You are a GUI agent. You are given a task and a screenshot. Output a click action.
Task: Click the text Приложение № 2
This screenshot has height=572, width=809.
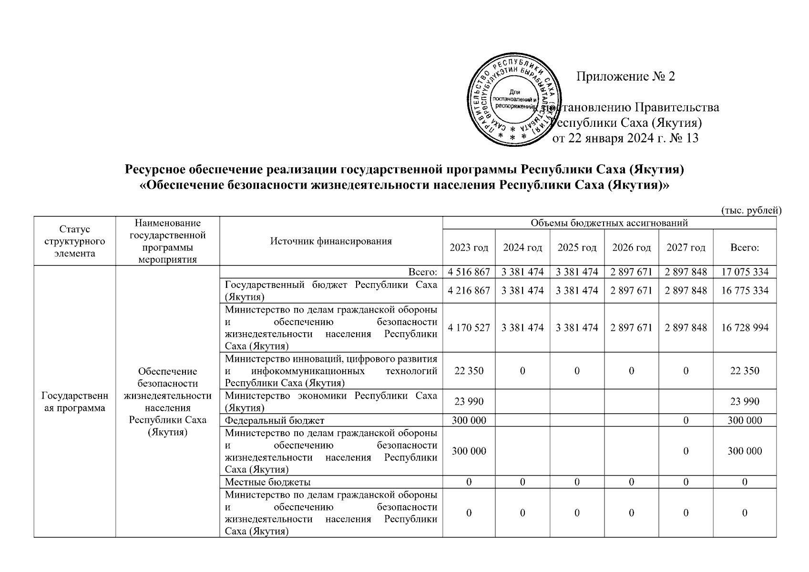[x=625, y=77]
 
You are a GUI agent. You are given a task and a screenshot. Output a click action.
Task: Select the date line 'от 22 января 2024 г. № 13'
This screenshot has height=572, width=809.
[x=625, y=139]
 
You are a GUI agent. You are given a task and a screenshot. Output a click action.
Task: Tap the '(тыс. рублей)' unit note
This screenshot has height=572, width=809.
[x=749, y=210]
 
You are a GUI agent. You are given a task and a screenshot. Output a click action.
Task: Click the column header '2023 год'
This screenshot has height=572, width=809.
[x=469, y=247]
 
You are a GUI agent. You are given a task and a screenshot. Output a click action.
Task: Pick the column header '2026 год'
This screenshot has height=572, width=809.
[x=631, y=247]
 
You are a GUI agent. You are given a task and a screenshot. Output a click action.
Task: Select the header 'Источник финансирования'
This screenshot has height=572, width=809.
[x=331, y=241]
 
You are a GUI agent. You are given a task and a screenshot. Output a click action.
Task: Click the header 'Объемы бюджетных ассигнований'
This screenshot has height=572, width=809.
[x=609, y=223]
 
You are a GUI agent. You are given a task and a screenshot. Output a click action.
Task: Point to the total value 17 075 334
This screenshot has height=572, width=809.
[x=745, y=272]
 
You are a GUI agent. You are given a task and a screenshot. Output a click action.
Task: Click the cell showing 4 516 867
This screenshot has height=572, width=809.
[x=469, y=272]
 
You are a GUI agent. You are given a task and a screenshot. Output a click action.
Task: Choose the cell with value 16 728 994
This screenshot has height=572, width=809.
[x=745, y=328]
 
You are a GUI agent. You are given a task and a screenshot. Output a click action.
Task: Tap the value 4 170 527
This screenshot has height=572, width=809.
[x=469, y=328]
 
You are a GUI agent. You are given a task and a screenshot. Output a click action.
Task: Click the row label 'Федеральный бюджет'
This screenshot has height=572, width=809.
[x=274, y=420]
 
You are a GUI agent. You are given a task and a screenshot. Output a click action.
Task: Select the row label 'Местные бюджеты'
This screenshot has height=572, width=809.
[x=267, y=482]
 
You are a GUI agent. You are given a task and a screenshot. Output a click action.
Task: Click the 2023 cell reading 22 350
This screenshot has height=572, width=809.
[x=469, y=371]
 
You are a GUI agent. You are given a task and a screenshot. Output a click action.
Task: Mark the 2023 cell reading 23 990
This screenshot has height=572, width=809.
[x=469, y=401]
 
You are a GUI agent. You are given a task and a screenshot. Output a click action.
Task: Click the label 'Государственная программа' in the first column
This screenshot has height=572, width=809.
[x=74, y=402]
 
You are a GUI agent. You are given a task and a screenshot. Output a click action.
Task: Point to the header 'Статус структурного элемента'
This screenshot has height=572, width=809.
[x=74, y=241]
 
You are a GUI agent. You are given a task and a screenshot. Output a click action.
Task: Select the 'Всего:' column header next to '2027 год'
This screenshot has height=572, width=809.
[x=745, y=247]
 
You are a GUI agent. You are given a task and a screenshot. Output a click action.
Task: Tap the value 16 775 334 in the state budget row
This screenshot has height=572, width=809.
[x=745, y=291]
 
